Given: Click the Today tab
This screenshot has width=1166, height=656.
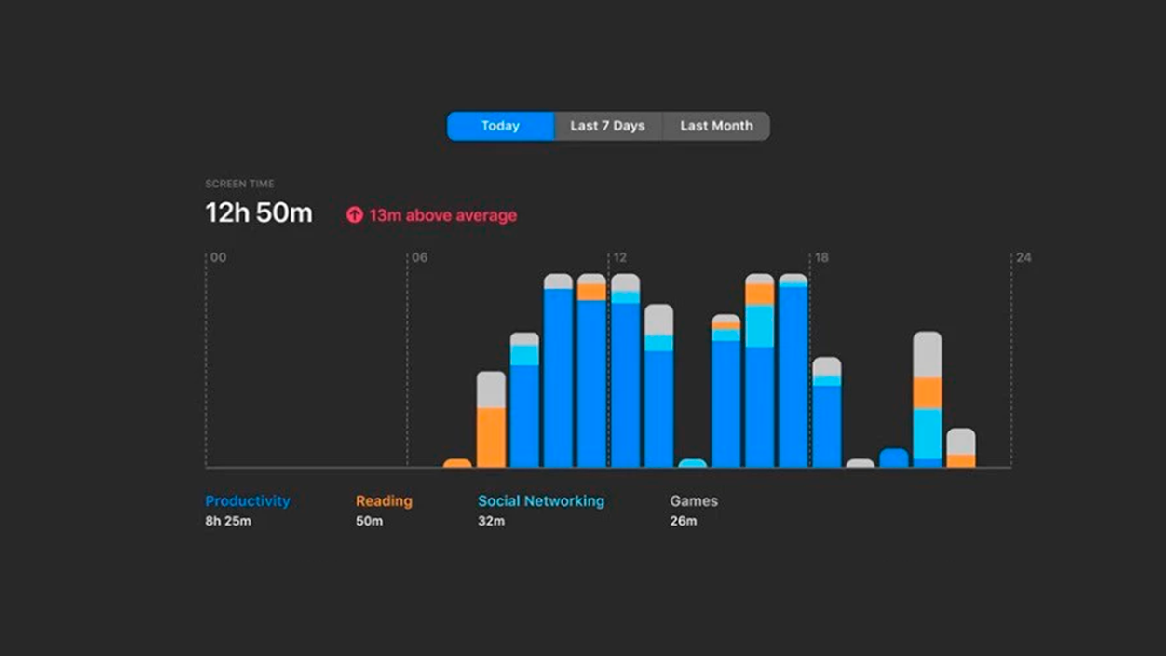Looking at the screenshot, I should pos(500,126).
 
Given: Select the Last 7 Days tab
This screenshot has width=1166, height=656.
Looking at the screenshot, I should pos(607,126).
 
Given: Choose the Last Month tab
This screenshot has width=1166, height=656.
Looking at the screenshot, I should pos(716,126).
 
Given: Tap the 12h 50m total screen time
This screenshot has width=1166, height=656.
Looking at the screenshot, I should pos(259,213).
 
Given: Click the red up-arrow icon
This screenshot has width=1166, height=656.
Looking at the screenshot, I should pos(354,215).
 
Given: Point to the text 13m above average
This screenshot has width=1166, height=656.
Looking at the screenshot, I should pos(442,215).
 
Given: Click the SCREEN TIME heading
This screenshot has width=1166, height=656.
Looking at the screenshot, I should pos(239,184).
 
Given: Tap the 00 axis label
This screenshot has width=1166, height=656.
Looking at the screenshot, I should pos(218,257).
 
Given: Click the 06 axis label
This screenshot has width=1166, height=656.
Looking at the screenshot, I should pos(420,257).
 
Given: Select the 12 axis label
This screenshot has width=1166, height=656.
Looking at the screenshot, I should pos(619,257).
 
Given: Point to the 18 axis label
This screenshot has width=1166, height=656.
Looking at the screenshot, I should pos(821,257).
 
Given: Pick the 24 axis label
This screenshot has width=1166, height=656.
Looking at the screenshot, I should pos(1024,257).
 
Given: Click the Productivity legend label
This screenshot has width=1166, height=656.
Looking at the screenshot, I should pos(248,500).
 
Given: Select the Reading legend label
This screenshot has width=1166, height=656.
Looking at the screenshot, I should pos(384,500).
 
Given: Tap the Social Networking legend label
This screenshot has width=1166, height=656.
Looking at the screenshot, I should pos(541,500).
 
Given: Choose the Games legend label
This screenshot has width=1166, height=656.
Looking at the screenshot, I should pos(694,500).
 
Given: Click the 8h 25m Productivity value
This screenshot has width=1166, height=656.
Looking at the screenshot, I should pos(228,521).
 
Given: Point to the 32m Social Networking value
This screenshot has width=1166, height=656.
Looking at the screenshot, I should pos(491,521).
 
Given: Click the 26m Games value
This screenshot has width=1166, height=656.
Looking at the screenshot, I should pos(683,521).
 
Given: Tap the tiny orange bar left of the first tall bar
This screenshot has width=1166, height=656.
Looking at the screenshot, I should pos(457,463).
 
